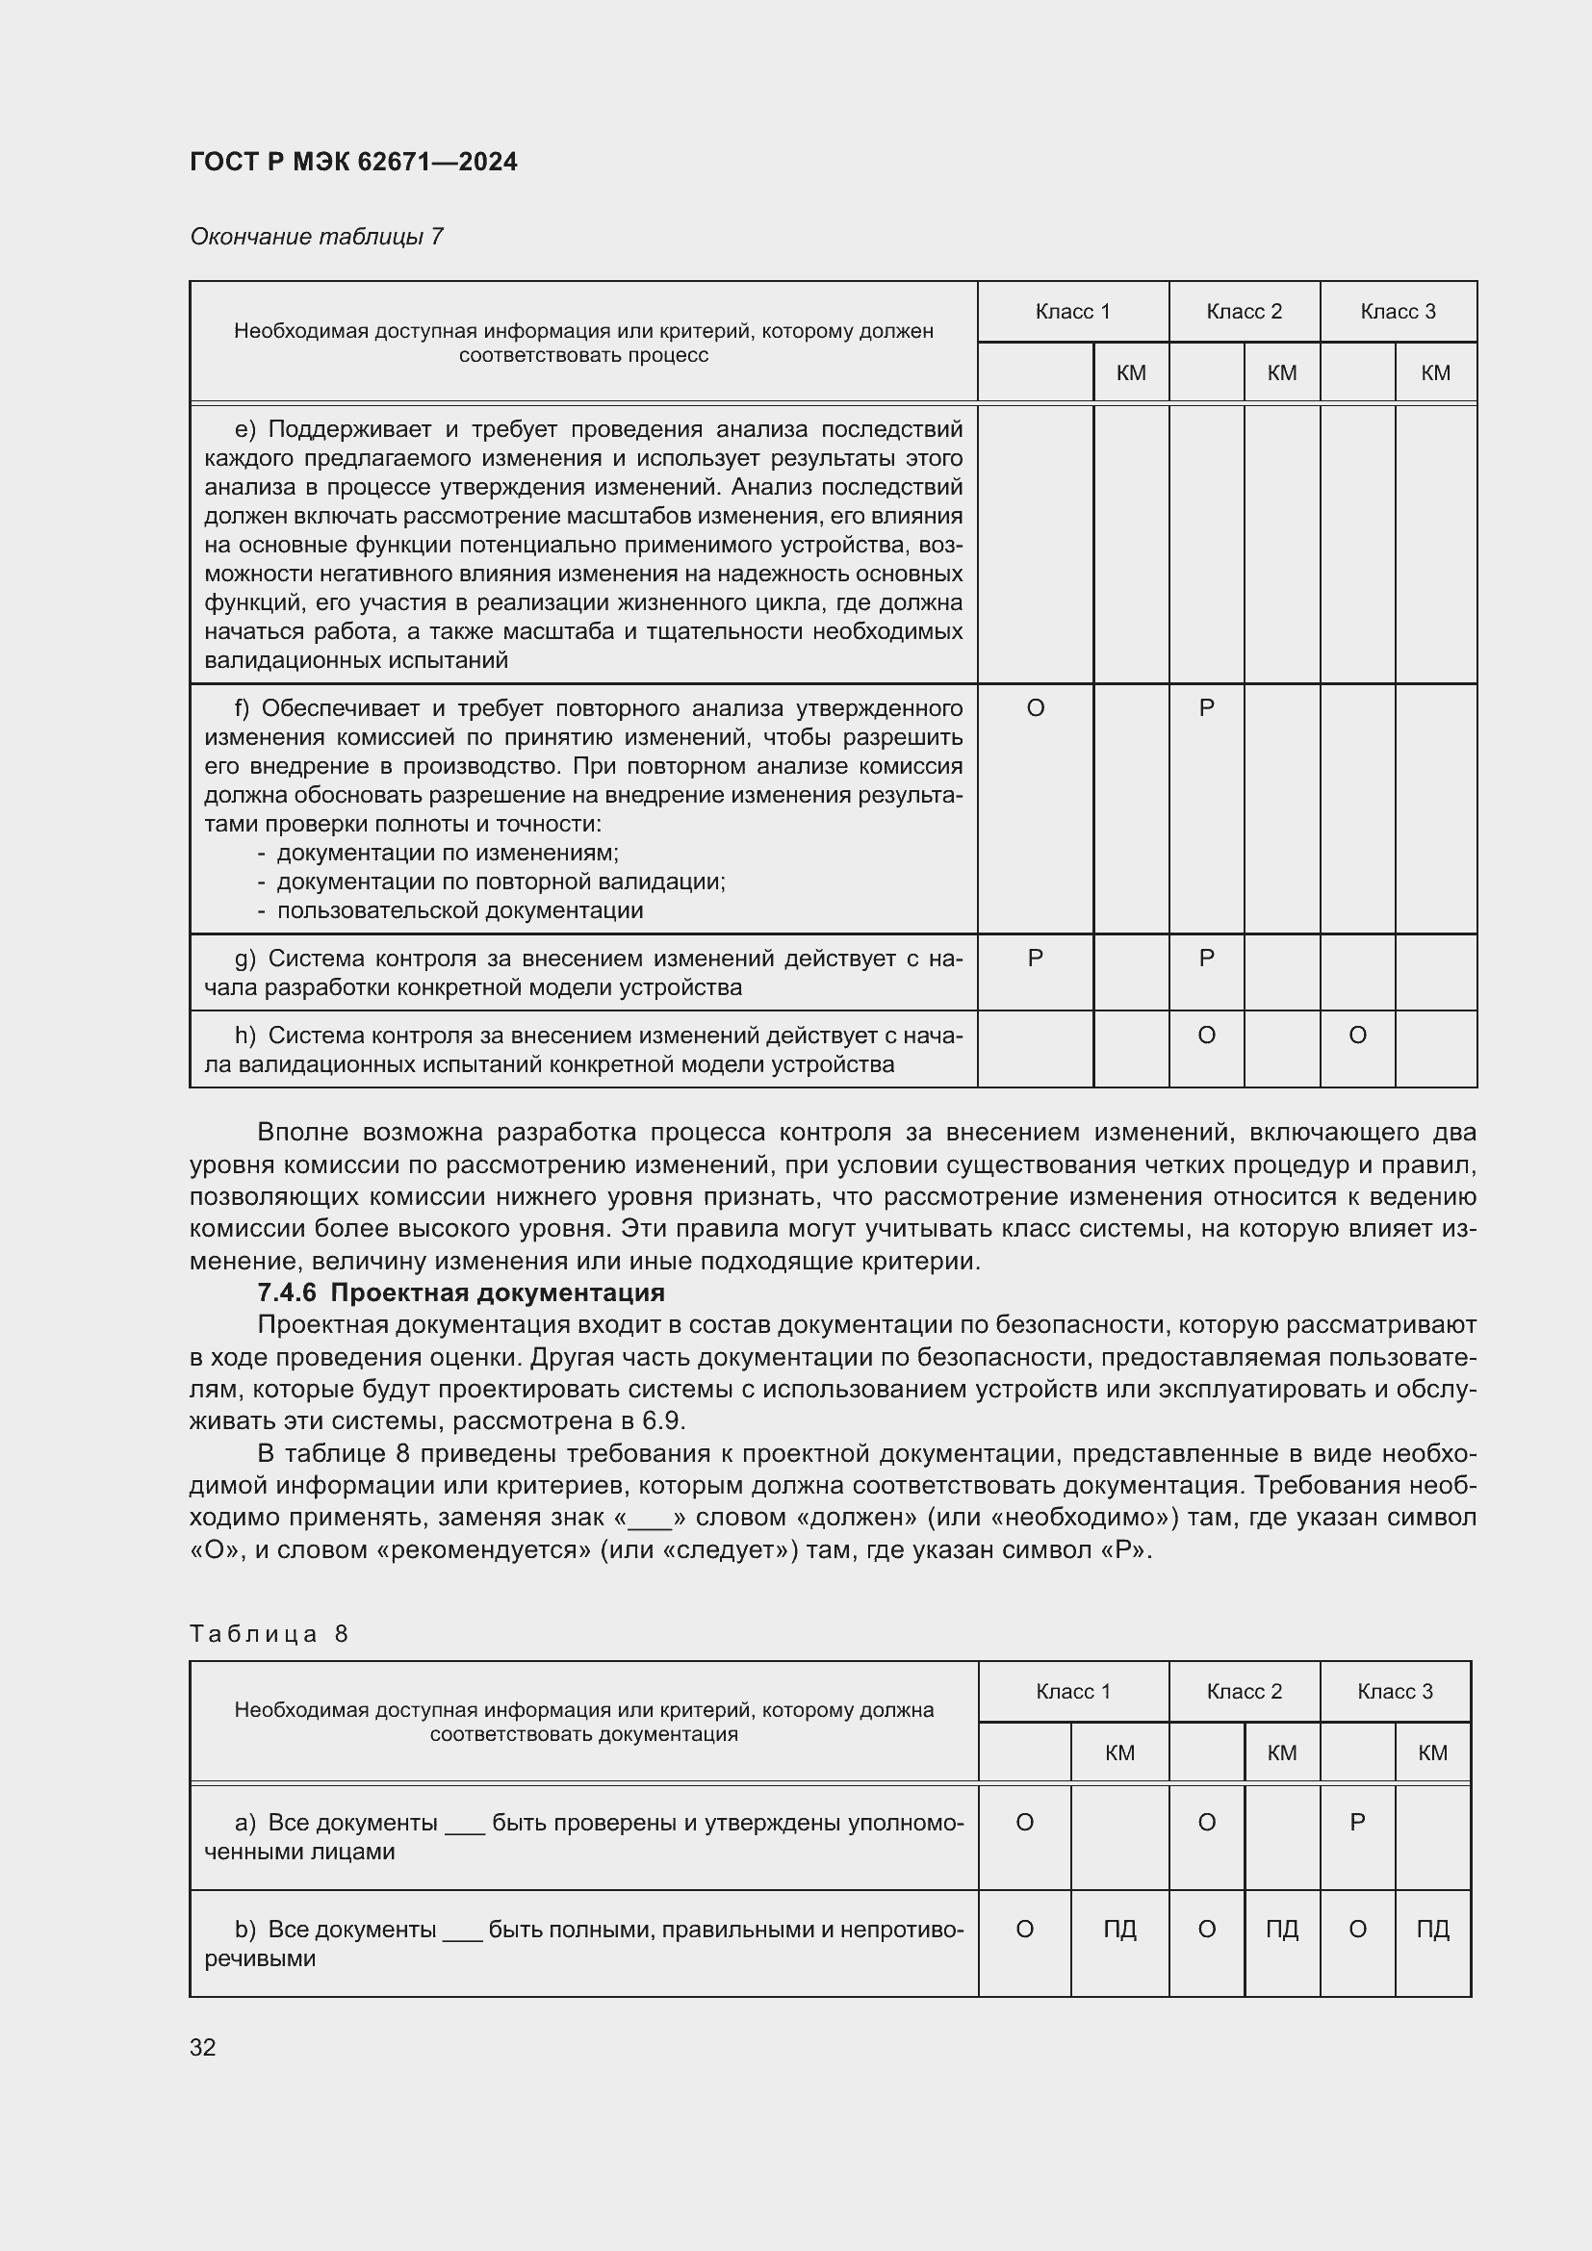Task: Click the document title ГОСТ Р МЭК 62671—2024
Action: (353, 162)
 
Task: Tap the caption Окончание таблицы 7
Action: (317, 237)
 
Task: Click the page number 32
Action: (203, 2047)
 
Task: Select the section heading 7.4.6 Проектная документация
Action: (461, 1292)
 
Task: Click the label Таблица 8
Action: (270, 1633)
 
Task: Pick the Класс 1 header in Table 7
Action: (1072, 312)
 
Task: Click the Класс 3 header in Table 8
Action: (1395, 1691)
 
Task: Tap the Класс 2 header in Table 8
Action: (1244, 1691)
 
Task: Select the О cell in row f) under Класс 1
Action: (1036, 708)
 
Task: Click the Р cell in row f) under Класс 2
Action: (1207, 708)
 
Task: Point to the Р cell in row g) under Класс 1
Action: (1036, 958)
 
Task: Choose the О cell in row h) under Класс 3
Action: (1358, 1036)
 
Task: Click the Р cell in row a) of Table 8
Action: (1358, 1823)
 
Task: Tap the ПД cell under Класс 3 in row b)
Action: (1432, 1930)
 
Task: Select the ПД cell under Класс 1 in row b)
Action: (1119, 1930)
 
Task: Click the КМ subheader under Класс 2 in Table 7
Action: (1281, 372)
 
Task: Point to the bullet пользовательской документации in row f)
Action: (460, 909)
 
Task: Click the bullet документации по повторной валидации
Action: (501, 882)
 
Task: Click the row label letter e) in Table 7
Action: (245, 429)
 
